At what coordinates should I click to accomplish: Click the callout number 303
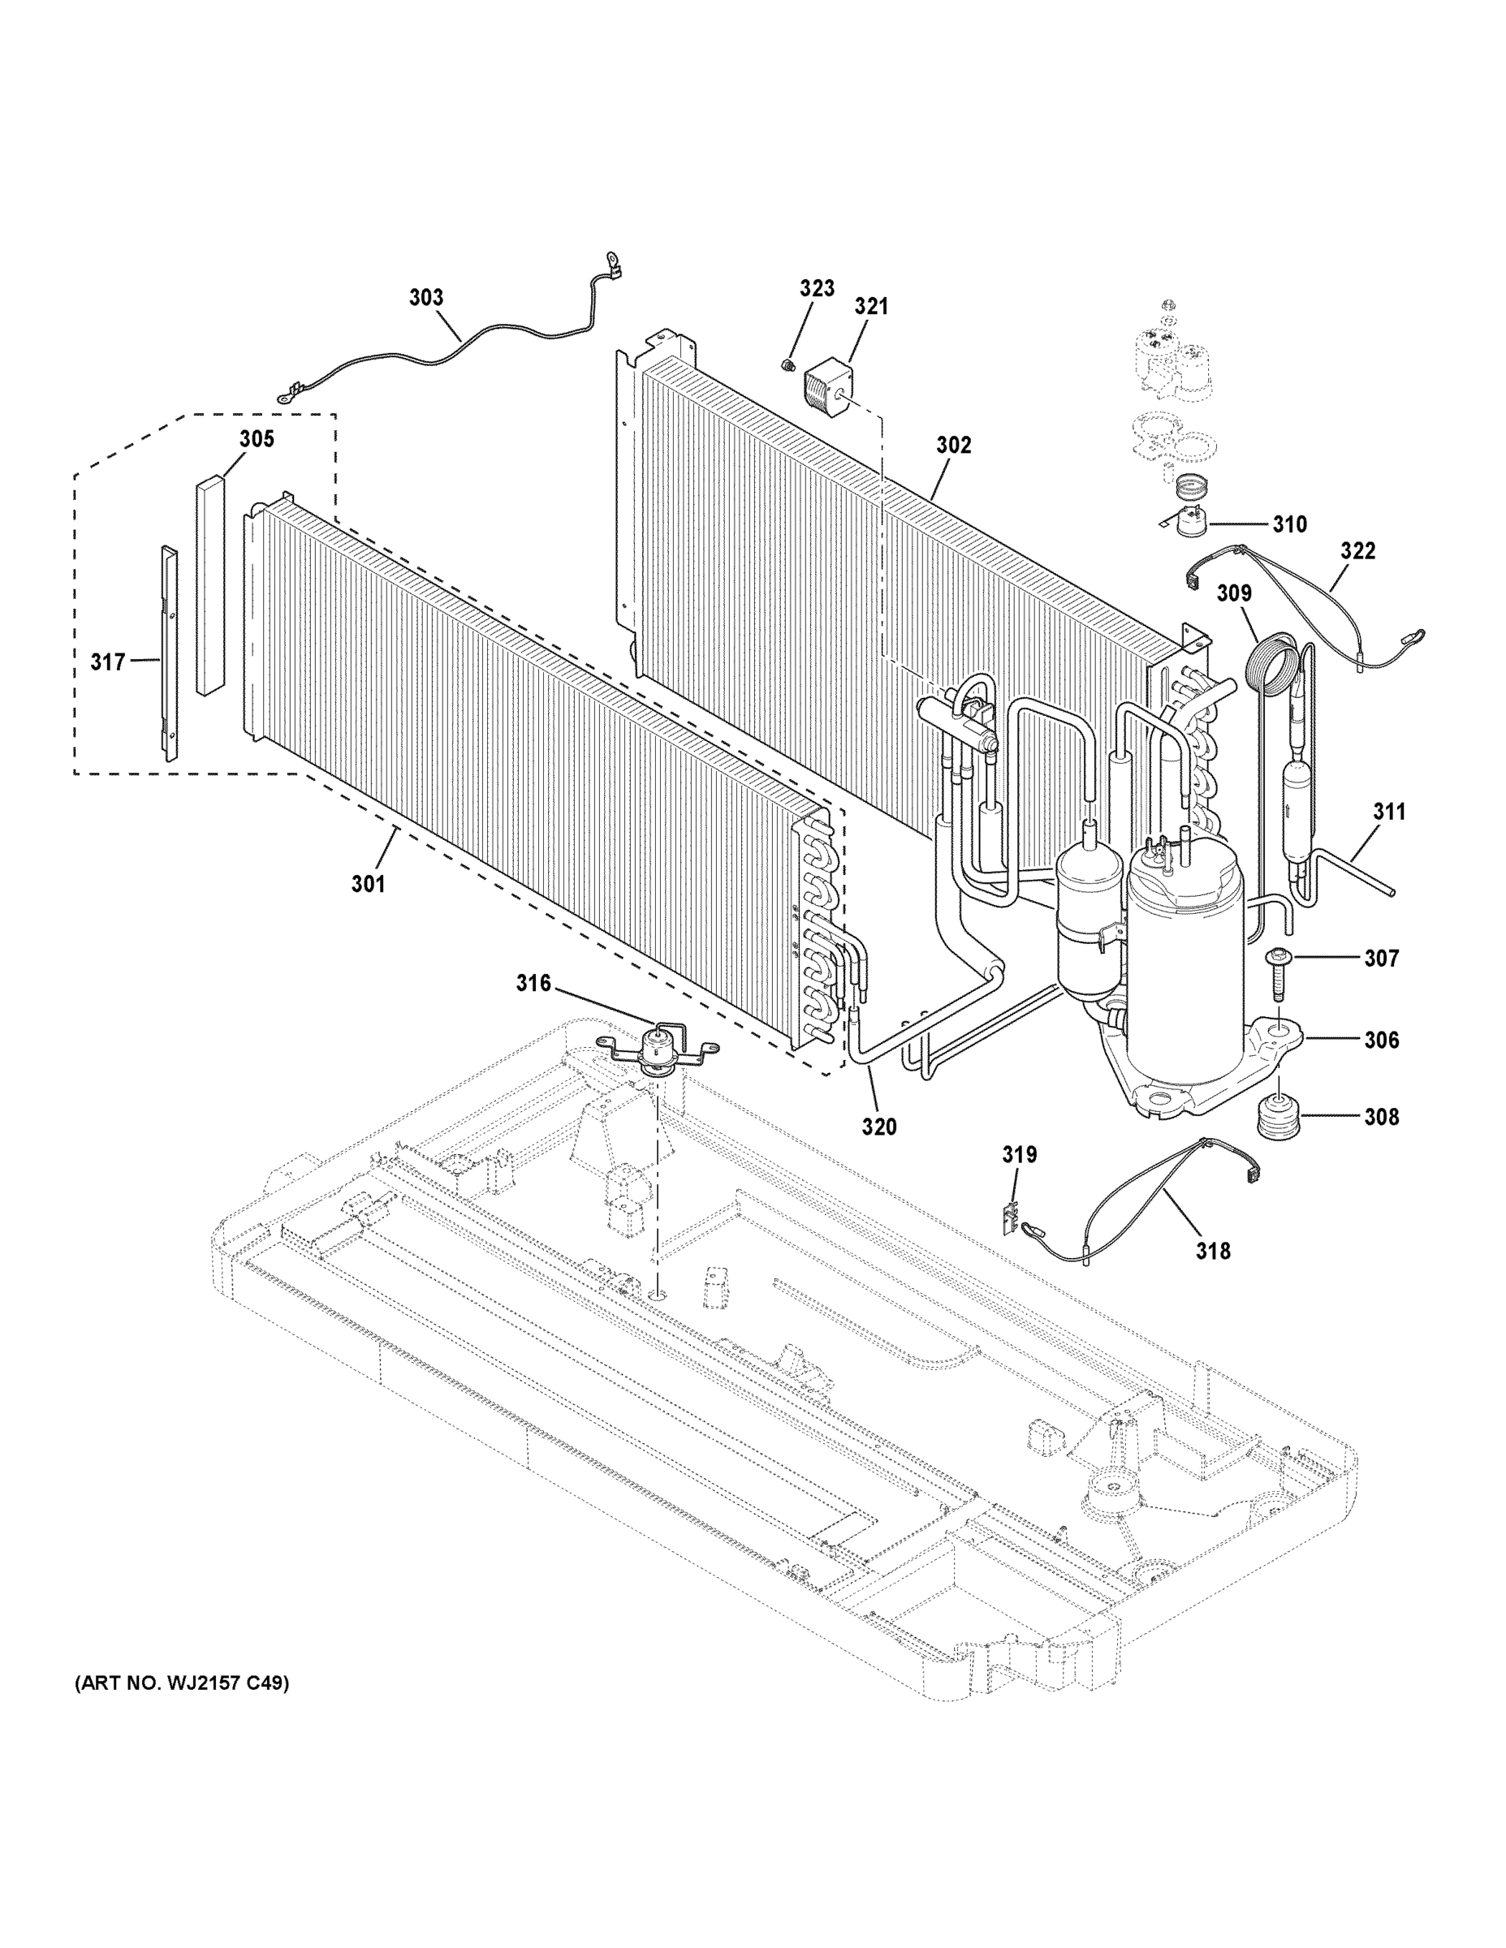426,297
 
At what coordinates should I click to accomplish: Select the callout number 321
871,306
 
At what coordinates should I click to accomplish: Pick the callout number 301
368,883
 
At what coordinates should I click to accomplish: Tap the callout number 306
1380,1039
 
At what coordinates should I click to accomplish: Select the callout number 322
1357,550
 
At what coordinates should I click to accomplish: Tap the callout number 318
1212,1252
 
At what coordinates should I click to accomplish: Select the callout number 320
878,1127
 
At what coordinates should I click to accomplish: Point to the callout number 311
1388,812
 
